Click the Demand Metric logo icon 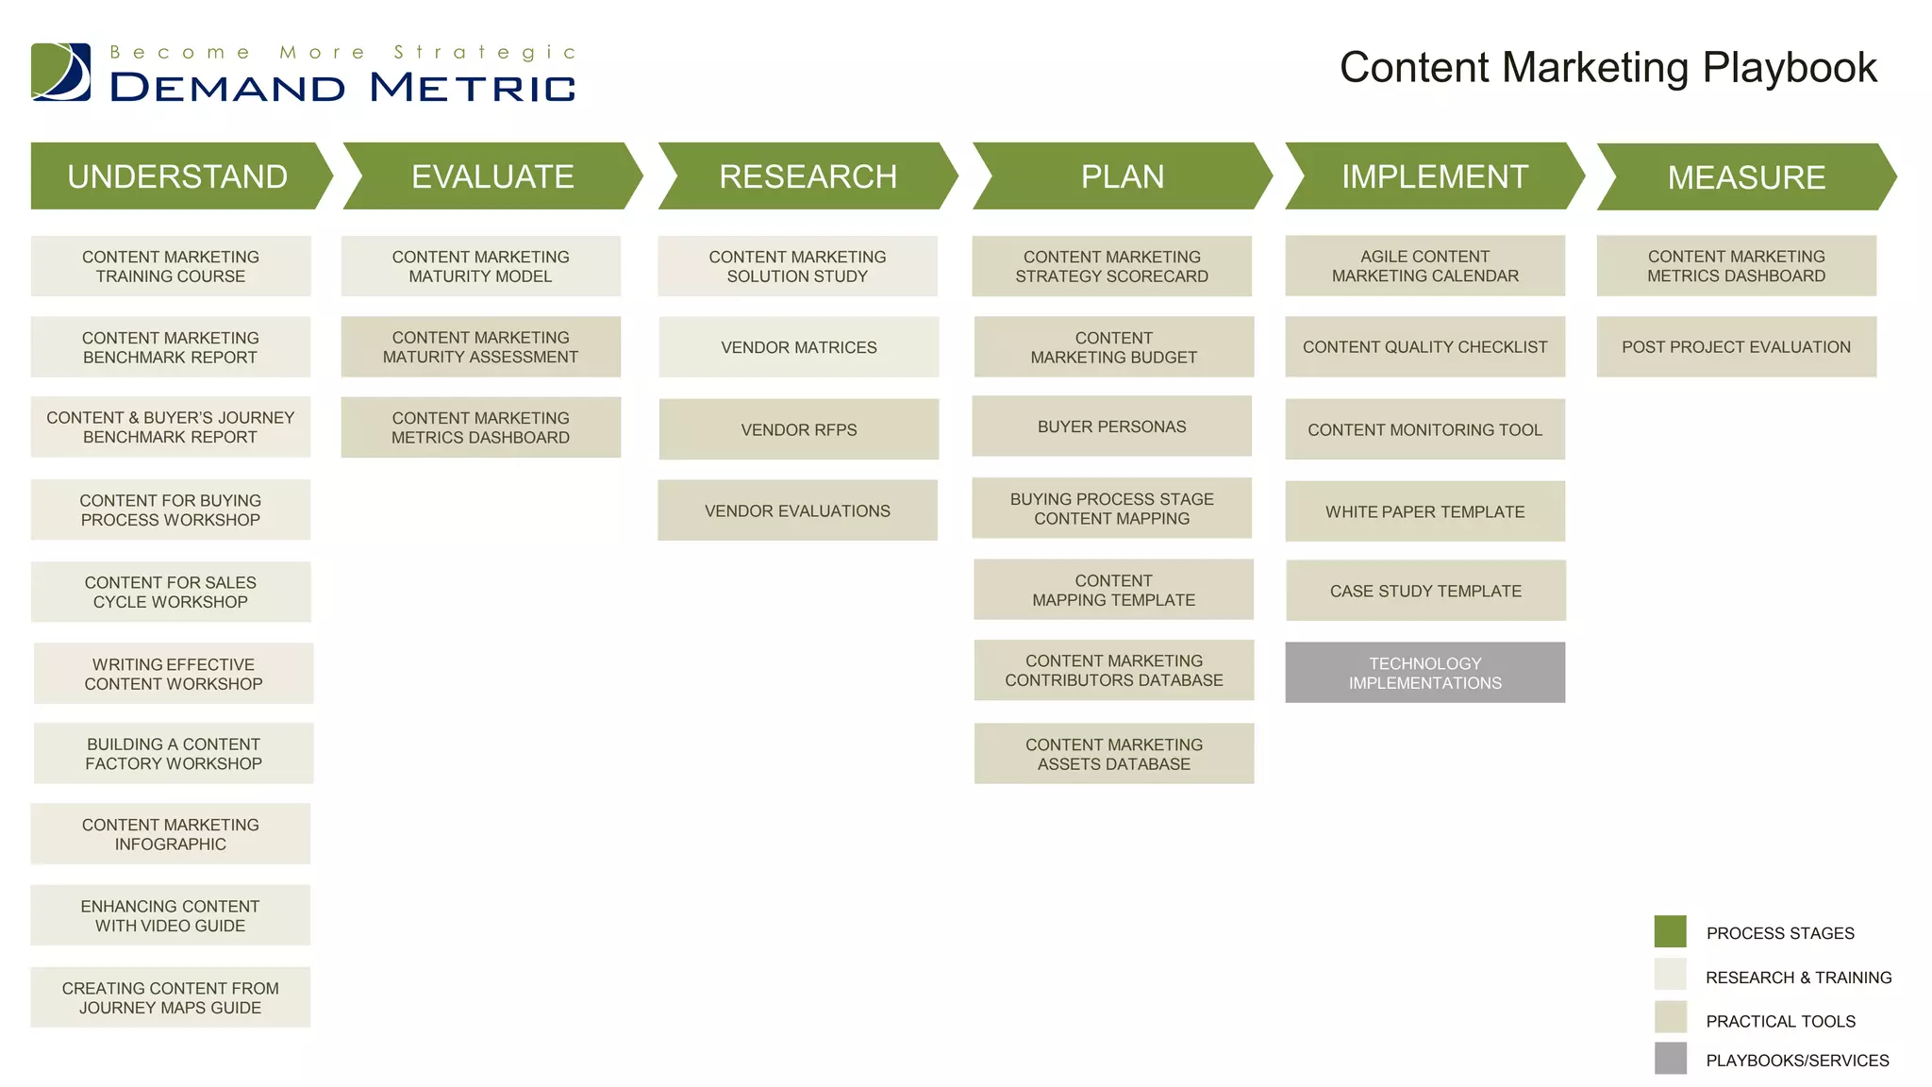pos(61,72)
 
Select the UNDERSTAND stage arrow pos(177,176)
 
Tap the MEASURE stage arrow pos(1745,177)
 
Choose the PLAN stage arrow pos(1122,176)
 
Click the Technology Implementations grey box pos(1424,673)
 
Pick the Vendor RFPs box pos(798,429)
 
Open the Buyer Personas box pos(1111,426)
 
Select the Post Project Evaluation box pos(1736,347)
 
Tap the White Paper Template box pos(1424,511)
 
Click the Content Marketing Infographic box pos(170,834)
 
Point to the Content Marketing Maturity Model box pos(480,266)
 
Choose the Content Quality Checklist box pos(1424,347)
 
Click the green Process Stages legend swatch pos(1670,931)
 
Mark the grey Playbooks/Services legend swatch pos(1670,1059)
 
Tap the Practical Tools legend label pos(1780,1021)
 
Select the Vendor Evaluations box pos(797,510)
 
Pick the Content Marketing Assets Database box pos(1113,754)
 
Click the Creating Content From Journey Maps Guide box pos(170,997)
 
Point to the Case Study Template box pos(1425,591)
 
